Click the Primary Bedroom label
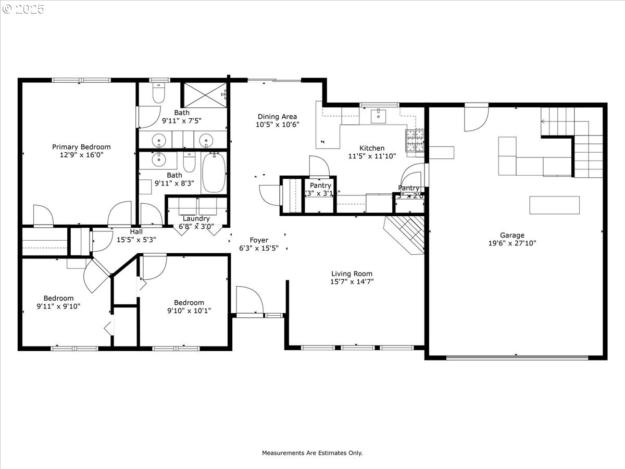tap(81, 147)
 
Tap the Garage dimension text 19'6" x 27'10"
tap(512, 243)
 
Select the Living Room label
tap(352, 274)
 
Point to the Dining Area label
tap(277, 117)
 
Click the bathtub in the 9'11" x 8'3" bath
tap(214, 172)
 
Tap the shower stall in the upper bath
tap(205, 94)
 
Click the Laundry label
tap(196, 218)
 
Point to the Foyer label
tap(259, 240)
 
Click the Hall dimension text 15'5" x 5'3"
tap(136, 240)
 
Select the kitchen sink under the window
tap(378, 116)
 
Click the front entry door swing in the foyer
tap(248, 301)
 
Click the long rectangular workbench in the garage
tap(554, 205)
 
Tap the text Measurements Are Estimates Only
tap(312, 453)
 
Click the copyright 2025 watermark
tap(24, 9)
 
